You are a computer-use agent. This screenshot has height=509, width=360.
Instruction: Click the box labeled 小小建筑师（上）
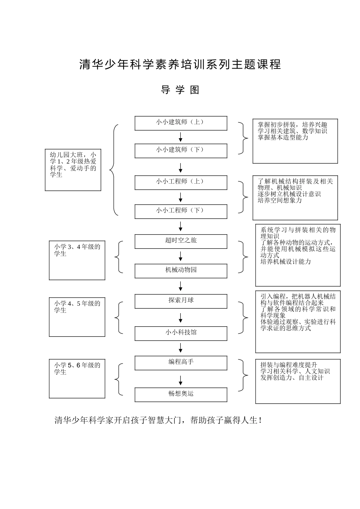point(181,123)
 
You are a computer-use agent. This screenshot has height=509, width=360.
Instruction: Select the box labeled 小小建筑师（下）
point(181,151)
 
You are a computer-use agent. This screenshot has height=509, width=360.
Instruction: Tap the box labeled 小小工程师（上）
point(181,182)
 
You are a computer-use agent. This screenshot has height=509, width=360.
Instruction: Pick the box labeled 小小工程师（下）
point(181,211)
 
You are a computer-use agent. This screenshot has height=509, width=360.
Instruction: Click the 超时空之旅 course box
point(181,241)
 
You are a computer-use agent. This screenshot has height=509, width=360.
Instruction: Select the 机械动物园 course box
point(181,271)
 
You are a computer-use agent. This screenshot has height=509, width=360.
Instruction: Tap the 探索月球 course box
point(181,301)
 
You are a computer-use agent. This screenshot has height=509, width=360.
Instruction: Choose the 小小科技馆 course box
point(181,333)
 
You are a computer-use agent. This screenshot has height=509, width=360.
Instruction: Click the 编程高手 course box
point(181,363)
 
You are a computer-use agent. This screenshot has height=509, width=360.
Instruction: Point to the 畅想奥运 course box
point(181,395)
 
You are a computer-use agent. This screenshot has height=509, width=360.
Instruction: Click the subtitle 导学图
point(180,90)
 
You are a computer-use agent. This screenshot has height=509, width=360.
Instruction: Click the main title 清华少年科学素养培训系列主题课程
point(180,64)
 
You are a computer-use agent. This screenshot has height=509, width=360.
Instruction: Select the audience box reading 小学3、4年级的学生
point(77,260)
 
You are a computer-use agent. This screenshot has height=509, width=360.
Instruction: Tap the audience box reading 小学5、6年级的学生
point(77,379)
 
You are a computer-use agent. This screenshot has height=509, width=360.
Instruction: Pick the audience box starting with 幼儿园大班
point(73,169)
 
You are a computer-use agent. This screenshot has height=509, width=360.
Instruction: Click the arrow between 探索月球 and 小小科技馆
point(181,317)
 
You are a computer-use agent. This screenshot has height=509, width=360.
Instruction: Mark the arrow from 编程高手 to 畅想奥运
point(181,380)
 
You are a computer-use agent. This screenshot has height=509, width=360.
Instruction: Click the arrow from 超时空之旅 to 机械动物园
point(181,256)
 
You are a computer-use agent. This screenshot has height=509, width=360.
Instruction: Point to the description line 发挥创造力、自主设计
point(291,378)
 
